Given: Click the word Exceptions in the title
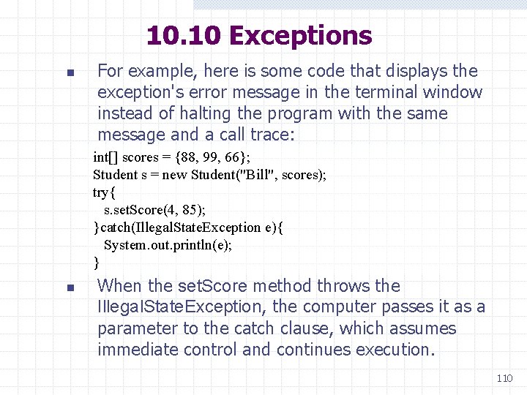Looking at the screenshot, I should [x=301, y=35].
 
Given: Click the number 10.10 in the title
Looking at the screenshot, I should [x=185, y=35].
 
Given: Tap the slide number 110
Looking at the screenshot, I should [x=504, y=378].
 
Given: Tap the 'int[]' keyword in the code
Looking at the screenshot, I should [x=105, y=157].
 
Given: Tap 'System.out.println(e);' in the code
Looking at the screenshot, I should [x=168, y=245].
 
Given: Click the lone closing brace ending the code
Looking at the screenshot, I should [x=97, y=262].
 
